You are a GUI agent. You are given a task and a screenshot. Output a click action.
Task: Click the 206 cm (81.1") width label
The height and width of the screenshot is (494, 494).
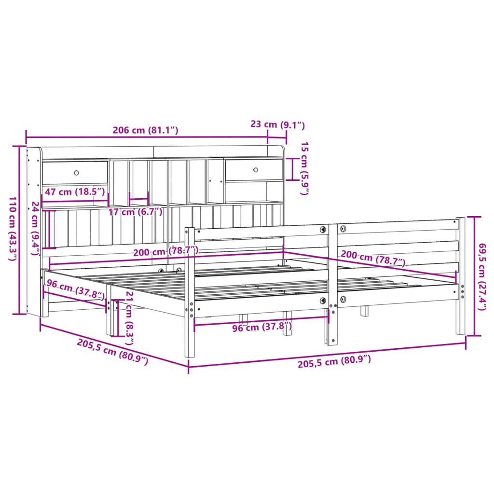pos(145,130)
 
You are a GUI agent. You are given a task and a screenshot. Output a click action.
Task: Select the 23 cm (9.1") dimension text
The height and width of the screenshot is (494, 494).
pos(278,124)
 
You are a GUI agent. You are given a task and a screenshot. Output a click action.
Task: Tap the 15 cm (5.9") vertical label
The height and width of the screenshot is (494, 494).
pos(303,168)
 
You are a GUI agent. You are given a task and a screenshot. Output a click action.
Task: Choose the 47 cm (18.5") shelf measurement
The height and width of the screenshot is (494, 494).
pos(74,192)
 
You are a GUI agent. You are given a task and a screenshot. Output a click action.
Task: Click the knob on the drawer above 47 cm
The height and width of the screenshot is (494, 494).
pos(76,172)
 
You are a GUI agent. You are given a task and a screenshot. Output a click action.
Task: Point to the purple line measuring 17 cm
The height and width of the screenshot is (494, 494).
pos(138,199)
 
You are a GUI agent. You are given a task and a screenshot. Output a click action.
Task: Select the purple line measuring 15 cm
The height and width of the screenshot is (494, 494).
pos(292,168)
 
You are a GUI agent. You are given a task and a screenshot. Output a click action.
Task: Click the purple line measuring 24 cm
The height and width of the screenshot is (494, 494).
pos(47,228)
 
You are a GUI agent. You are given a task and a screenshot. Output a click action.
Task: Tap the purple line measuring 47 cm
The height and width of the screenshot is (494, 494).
pos(75,201)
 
